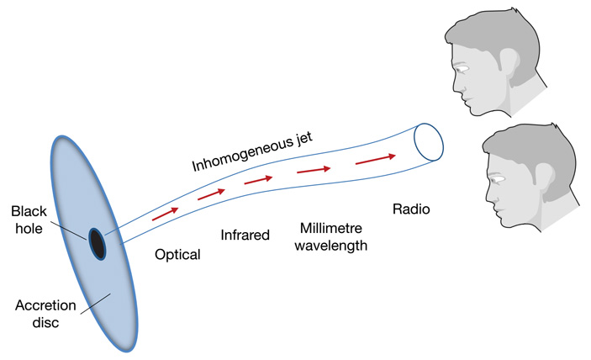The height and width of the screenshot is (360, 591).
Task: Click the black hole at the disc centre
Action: coord(98,243)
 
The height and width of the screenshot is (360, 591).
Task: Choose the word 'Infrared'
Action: coord(245,235)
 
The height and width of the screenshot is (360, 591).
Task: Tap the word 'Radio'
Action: coord(411,209)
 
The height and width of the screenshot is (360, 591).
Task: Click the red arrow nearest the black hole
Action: coord(166,214)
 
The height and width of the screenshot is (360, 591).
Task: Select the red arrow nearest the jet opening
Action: coord(376,158)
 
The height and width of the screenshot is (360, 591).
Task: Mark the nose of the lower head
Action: coord(488,195)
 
